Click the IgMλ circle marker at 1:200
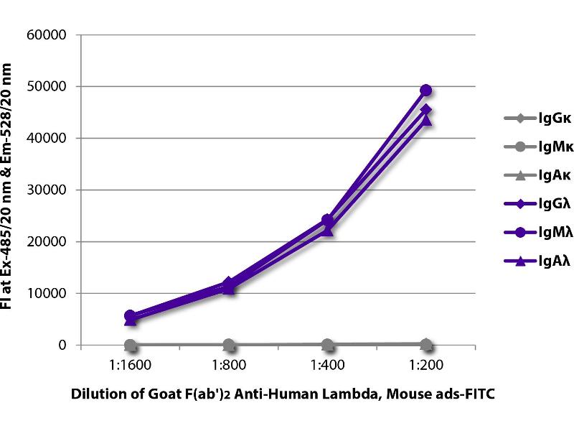click(425, 91)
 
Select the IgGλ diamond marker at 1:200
click(425, 110)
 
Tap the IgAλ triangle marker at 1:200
click(425, 120)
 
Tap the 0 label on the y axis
click(62, 346)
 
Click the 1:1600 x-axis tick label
click(131, 365)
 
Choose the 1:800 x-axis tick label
click(229, 365)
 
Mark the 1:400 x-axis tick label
click(327, 365)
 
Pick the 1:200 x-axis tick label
click(425, 365)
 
